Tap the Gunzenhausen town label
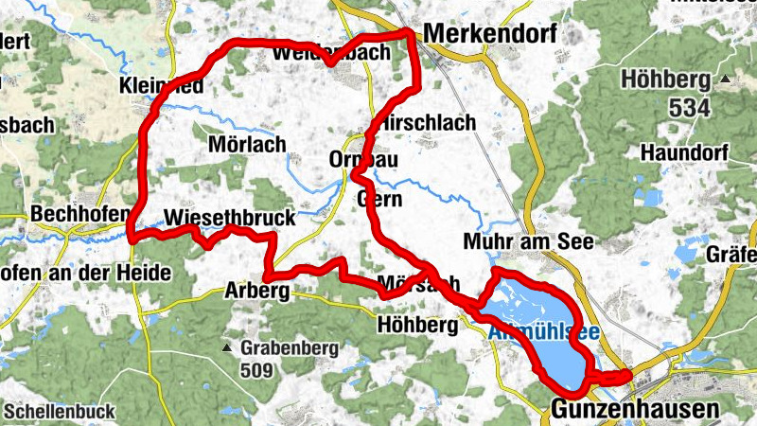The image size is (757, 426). point(635,409)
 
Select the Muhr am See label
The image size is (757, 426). point(528,242)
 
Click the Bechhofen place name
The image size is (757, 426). point(79,215)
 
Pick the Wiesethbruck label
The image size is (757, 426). point(229,218)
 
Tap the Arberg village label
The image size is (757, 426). point(255,291)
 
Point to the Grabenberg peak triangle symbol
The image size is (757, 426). point(227,348)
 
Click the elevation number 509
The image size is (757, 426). point(258,369)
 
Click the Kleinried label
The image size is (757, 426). point(162,87)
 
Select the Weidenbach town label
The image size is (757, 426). point(330,53)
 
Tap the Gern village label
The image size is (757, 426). point(381,200)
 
